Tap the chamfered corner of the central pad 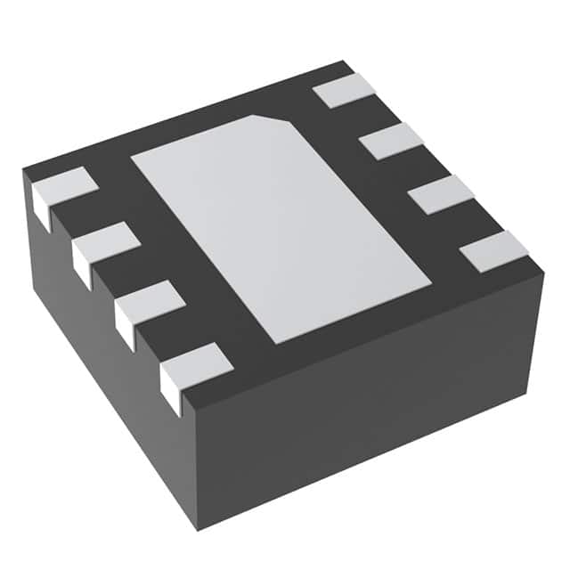[271, 119]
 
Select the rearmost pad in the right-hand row [346, 90]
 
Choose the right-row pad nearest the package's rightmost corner [493, 250]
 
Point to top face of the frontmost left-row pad [197, 361]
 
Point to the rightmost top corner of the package [542, 268]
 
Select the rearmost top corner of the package [343, 61]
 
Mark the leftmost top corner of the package [23, 172]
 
